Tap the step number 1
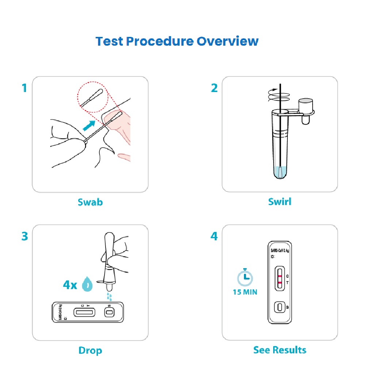pos(24,88)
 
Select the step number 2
pos(214,88)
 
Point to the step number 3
pos(24,236)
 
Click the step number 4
pos(214,236)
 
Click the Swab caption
pos(90,202)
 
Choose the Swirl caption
pos(280,201)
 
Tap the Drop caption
pos(90,351)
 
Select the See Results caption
pos(280,350)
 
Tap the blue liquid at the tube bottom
pos(280,172)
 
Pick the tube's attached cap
pos(306,106)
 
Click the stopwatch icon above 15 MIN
pos(245,278)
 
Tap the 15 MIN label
pos(245,292)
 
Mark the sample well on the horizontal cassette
pos(109,312)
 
